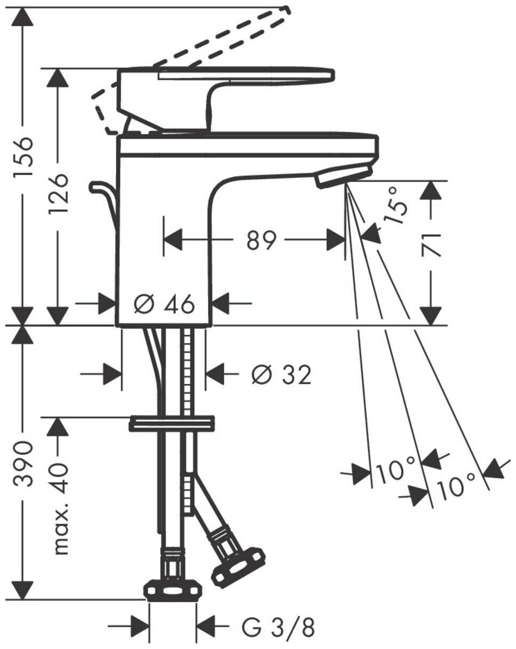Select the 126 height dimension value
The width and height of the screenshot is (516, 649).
point(57,194)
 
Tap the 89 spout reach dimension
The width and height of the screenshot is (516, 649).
point(262,240)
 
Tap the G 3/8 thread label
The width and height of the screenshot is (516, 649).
point(278,628)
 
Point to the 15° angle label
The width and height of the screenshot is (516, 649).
point(398,204)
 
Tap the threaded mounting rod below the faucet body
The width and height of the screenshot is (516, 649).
point(188,372)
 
